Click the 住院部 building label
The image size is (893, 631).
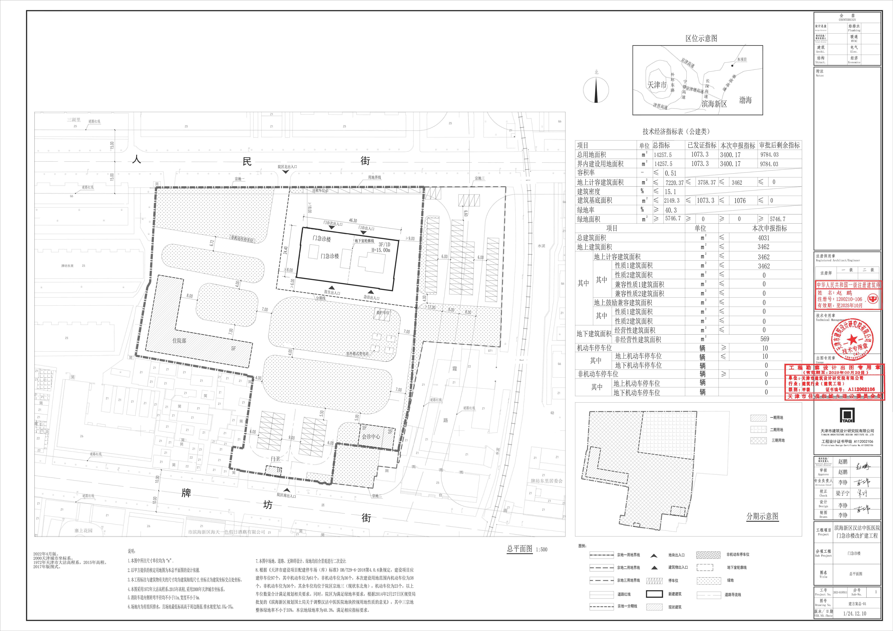point(179,340)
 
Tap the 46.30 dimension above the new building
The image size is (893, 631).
point(353,221)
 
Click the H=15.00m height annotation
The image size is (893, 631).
point(381,250)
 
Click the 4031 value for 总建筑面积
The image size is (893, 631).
point(763,238)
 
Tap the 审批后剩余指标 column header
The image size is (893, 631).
point(779,145)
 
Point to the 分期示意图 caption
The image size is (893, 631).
point(762,516)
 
